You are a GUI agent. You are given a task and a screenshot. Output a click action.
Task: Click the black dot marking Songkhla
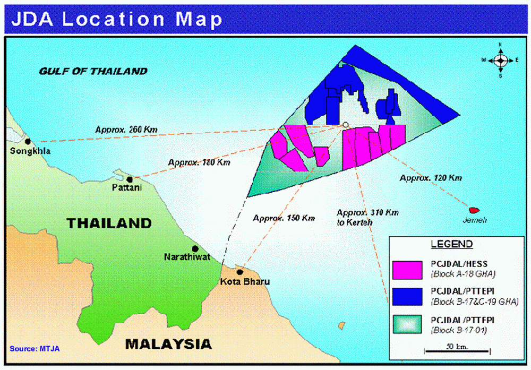click(28, 141)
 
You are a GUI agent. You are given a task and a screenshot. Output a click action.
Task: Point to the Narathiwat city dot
click(195, 248)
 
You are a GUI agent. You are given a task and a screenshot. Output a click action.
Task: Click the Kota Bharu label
click(245, 281)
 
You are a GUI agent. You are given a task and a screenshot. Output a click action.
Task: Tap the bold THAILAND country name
click(109, 223)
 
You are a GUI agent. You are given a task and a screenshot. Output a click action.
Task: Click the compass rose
click(500, 60)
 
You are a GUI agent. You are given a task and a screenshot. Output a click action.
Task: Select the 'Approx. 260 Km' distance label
click(126, 129)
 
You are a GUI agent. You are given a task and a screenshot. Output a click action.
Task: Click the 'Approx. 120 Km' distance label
click(431, 178)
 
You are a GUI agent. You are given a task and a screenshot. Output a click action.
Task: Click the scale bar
click(457, 350)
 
